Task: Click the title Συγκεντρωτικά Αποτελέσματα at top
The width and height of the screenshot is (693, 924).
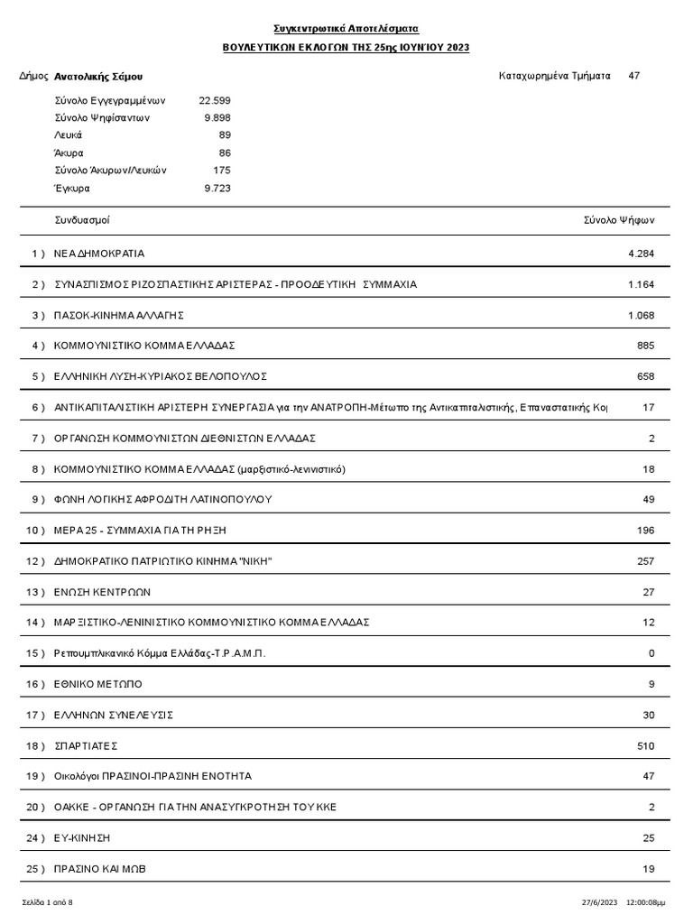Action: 346,30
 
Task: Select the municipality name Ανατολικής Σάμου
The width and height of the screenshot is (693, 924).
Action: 98,78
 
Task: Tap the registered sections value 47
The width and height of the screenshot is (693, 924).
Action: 633,76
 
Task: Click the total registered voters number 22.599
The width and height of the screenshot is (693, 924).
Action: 215,101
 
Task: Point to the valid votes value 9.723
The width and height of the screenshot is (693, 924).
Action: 217,189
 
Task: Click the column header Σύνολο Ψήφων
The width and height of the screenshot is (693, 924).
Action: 619,220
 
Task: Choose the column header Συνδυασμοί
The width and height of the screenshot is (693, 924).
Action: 82,220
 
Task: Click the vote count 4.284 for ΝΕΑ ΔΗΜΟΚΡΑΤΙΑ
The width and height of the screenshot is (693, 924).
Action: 641,254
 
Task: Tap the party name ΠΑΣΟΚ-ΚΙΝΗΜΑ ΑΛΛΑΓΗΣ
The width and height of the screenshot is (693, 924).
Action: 119,315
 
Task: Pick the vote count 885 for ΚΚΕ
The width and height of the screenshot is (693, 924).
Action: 645,346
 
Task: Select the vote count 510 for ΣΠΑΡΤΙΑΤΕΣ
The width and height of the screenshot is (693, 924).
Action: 645,746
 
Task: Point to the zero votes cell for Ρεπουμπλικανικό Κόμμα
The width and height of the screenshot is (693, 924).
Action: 651,653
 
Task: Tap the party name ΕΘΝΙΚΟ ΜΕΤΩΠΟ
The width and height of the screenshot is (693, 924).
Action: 98,684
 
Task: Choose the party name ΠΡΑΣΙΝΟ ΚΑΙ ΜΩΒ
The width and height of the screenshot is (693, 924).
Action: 99,869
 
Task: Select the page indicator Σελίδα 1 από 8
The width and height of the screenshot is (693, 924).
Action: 48,902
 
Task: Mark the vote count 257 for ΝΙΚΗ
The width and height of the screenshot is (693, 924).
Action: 645,561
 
